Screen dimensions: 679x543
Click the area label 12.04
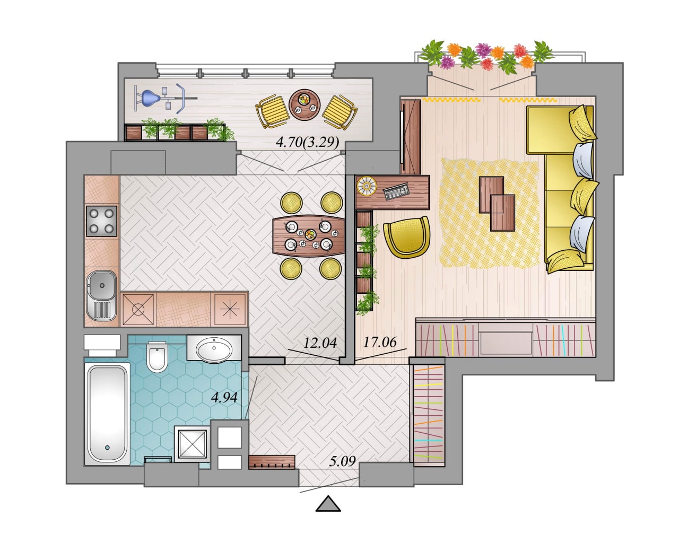[x=320, y=343]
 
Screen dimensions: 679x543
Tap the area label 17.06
[x=380, y=342]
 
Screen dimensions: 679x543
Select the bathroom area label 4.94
[x=224, y=398]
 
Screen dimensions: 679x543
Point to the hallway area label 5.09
[x=342, y=461]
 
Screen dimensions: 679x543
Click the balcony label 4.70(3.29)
[x=308, y=142]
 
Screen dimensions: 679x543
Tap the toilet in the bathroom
[x=157, y=357]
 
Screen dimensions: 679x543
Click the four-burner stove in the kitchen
[x=102, y=221]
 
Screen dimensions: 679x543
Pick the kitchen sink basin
[x=102, y=285]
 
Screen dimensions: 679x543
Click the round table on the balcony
[x=304, y=105]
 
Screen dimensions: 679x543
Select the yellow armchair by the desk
[x=407, y=237]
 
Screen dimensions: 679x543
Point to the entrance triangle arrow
[x=328, y=503]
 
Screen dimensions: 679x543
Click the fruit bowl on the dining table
[x=310, y=234]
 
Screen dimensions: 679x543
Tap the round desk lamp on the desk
[x=367, y=186]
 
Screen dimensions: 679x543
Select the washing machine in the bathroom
[x=192, y=444]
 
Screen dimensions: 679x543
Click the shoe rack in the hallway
[x=272, y=462]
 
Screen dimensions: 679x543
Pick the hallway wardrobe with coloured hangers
[x=429, y=415]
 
